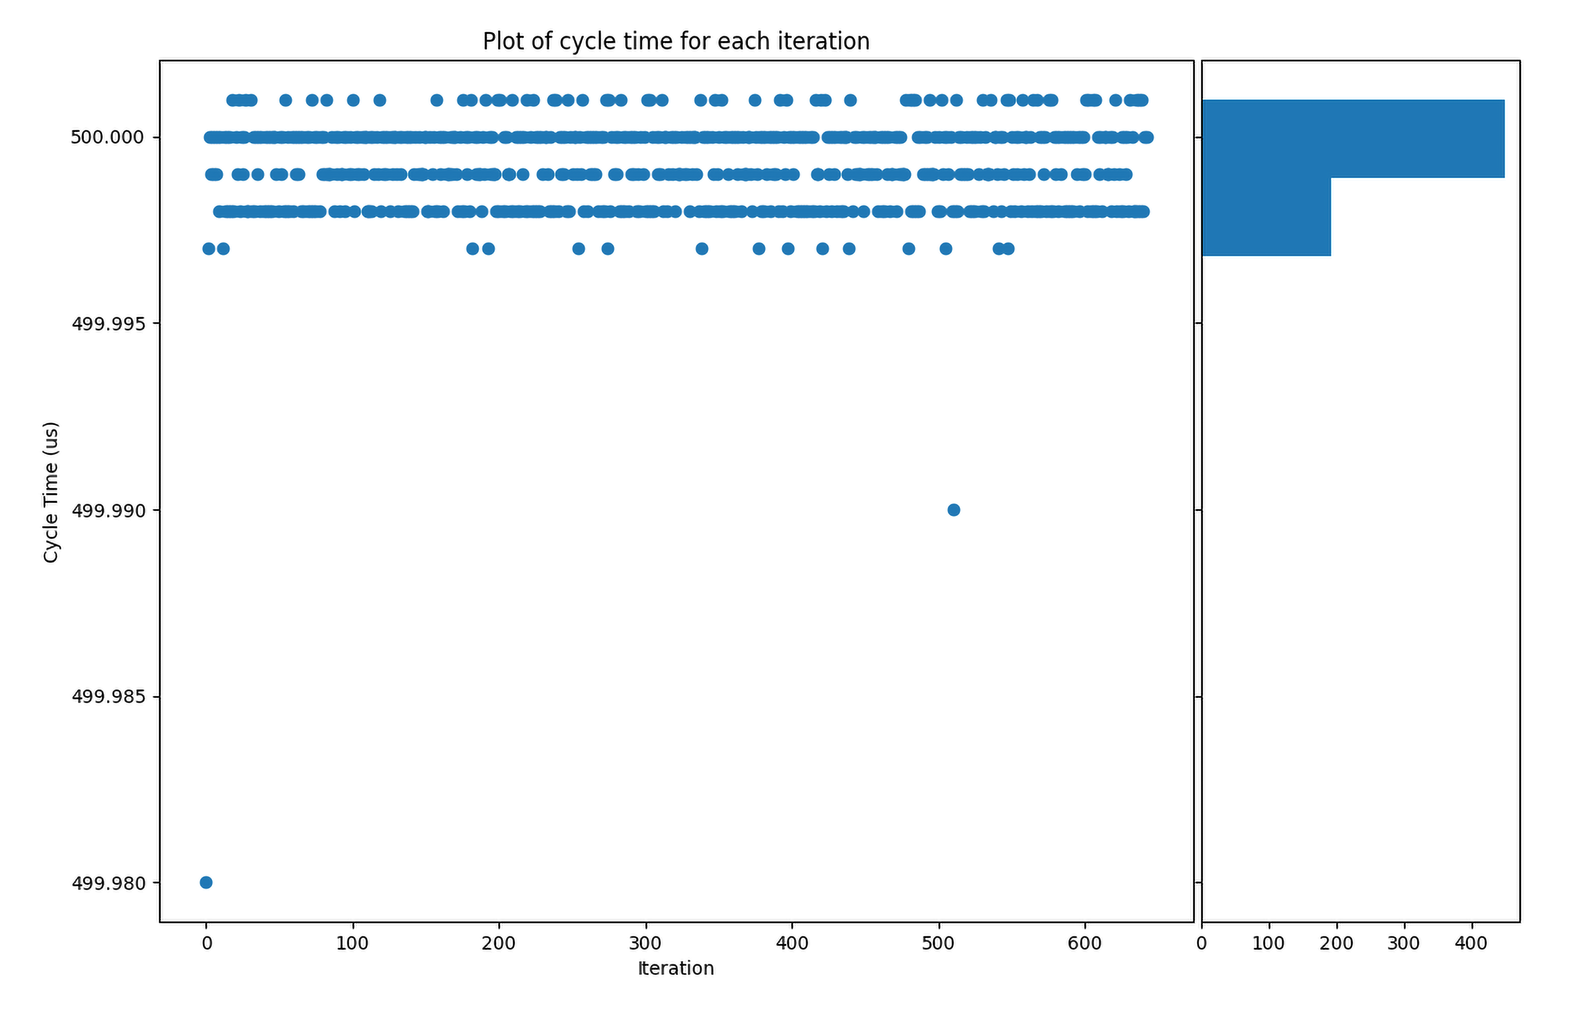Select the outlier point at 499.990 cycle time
coord(953,510)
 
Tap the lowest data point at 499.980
coord(206,883)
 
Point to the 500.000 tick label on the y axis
coord(107,137)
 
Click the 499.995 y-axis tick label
coord(107,324)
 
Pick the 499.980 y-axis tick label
coord(107,883)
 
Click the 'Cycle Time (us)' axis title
coord(51,492)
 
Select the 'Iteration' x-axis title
coord(675,968)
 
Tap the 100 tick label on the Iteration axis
coord(352,943)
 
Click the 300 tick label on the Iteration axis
coord(645,943)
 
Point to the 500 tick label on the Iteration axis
coord(938,943)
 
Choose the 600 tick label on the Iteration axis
coord(1084,943)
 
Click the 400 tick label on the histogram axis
coord(1471,943)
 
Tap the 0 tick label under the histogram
coord(1201,943)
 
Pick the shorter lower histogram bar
coord(1266,217)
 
